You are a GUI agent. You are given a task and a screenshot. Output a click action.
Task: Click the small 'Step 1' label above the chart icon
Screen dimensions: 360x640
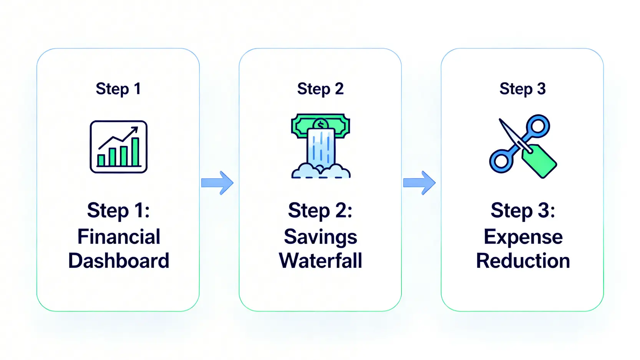(118, 89)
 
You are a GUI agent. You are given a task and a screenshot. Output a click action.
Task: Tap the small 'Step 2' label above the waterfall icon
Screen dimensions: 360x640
(320, 89)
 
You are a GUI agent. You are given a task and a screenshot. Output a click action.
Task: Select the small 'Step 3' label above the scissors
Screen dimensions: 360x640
(522, 89)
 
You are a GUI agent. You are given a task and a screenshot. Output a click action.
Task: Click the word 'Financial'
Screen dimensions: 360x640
(119, 236)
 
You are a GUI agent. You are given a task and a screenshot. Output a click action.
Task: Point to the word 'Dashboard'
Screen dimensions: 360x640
(119, 261)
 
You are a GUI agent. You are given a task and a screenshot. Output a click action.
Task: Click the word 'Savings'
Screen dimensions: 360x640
(320, 237)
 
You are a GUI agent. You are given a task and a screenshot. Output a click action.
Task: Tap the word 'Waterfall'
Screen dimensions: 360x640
(320, 261)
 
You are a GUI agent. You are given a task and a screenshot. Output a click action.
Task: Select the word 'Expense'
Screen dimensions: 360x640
(523, 237)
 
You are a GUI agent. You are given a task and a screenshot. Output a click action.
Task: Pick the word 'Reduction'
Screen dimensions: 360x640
(523, 261)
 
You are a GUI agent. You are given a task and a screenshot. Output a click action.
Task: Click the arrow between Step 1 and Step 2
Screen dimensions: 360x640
(217, 183)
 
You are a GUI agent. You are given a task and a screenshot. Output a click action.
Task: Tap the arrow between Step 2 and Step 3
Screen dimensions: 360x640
(419, 183)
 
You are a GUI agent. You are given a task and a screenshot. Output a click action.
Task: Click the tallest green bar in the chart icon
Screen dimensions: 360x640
(135, 152)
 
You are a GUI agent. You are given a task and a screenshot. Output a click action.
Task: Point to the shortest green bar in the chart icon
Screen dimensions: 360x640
(101, 160)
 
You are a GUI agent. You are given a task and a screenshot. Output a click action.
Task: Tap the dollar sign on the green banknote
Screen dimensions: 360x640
(320, 125)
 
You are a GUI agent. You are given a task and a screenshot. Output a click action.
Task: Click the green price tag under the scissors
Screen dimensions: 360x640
(541, 161)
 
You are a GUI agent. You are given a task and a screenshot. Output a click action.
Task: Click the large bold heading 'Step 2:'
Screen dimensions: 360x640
(320, 211)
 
